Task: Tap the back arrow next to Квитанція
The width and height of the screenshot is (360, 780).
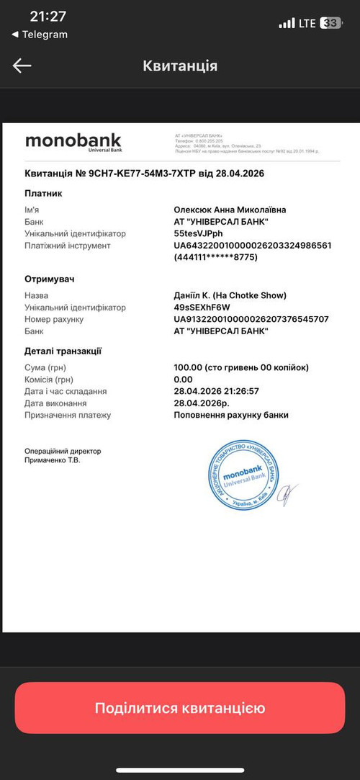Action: pos(22,66)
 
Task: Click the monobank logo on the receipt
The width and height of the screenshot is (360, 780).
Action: pos(73,141)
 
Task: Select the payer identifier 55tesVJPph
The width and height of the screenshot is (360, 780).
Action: pos(199,233)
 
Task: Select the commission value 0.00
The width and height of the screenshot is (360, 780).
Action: pos(183,379)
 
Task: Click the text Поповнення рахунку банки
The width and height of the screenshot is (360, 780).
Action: pos(231,415)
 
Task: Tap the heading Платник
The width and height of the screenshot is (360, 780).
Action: pos(44,193)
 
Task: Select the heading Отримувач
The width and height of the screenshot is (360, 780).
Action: pos(50,279)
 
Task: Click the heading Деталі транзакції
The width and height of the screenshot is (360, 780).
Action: pos(63,351)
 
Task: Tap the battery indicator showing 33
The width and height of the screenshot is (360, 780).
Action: pos(330,23)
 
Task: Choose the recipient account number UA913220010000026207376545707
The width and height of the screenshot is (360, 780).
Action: pos(251,319)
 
